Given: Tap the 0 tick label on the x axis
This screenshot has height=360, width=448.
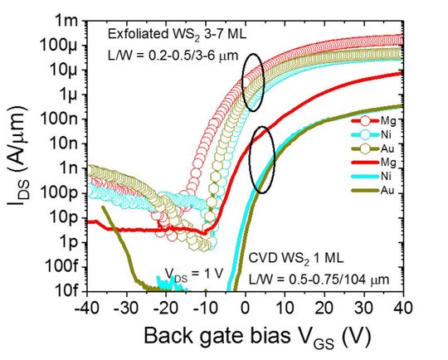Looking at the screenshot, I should point(245,307).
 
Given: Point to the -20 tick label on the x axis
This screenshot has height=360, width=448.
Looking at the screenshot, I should point(163,307).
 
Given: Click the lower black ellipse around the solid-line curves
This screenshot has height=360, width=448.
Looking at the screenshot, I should point(262,159).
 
